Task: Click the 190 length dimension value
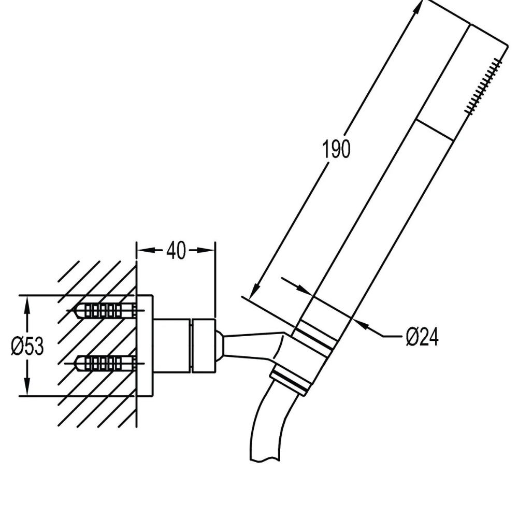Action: tap(336, 149)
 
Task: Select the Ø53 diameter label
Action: tap(27, 346)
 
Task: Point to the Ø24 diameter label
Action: tap(422, 337)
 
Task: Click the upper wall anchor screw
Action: tap(106, 310)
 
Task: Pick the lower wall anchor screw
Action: tap(105, 363)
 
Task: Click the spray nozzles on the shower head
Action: tap(484, 87)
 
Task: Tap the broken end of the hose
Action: tap(265, 458)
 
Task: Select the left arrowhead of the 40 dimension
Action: tap(146, 250)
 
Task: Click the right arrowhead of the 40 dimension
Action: tap(206, 250)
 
